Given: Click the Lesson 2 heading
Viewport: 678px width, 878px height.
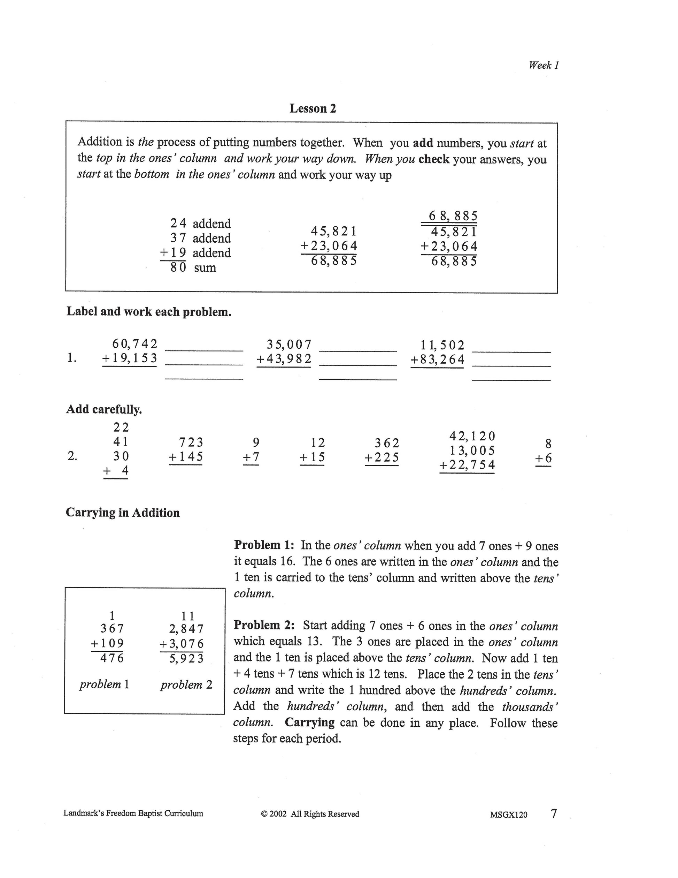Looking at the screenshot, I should coord(313,108).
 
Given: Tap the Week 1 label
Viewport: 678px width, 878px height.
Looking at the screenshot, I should coord(544,65).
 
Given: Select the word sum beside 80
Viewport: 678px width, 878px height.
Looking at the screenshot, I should coord(205,268).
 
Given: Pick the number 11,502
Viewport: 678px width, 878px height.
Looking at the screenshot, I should coord(442,345).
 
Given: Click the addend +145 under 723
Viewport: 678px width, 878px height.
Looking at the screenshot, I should coord(186,457).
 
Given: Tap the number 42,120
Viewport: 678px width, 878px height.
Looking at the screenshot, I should coord(472,436).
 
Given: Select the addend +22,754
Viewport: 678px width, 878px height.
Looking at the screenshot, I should coord(467,465).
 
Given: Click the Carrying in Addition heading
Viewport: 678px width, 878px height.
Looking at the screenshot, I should coord(123,513).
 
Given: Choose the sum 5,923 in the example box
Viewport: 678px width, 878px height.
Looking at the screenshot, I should coord(186,658).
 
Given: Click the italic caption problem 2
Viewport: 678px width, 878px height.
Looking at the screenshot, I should coord(186,684).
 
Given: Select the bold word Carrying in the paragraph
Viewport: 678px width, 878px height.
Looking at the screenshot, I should coord(310,722).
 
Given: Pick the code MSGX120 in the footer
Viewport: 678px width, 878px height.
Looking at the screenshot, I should coord(509,815).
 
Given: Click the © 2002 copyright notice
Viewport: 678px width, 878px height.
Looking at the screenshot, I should coord(310,814).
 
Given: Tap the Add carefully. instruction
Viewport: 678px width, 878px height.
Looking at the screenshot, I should coord(104,409).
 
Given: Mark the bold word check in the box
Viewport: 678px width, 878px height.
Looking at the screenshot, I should coord(434,159).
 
